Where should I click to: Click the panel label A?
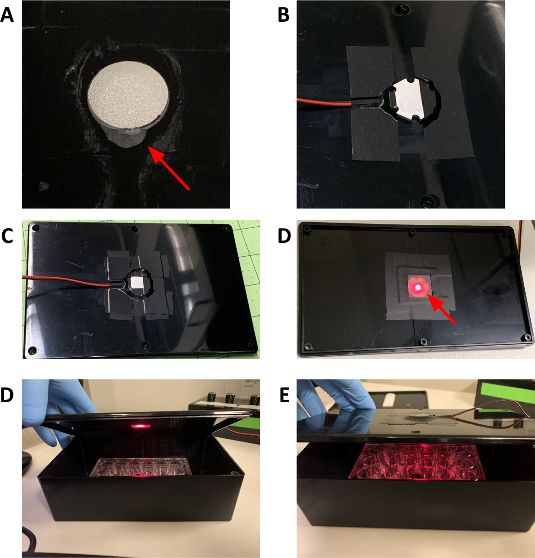[x=7, y=15]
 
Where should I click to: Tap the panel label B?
[x=283, y=15]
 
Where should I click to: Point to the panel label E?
[x=284, y=395]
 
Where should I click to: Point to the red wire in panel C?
[x=66, y=280]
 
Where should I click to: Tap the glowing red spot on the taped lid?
[x=418, y=286]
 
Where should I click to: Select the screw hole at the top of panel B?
[x=402, y=9]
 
